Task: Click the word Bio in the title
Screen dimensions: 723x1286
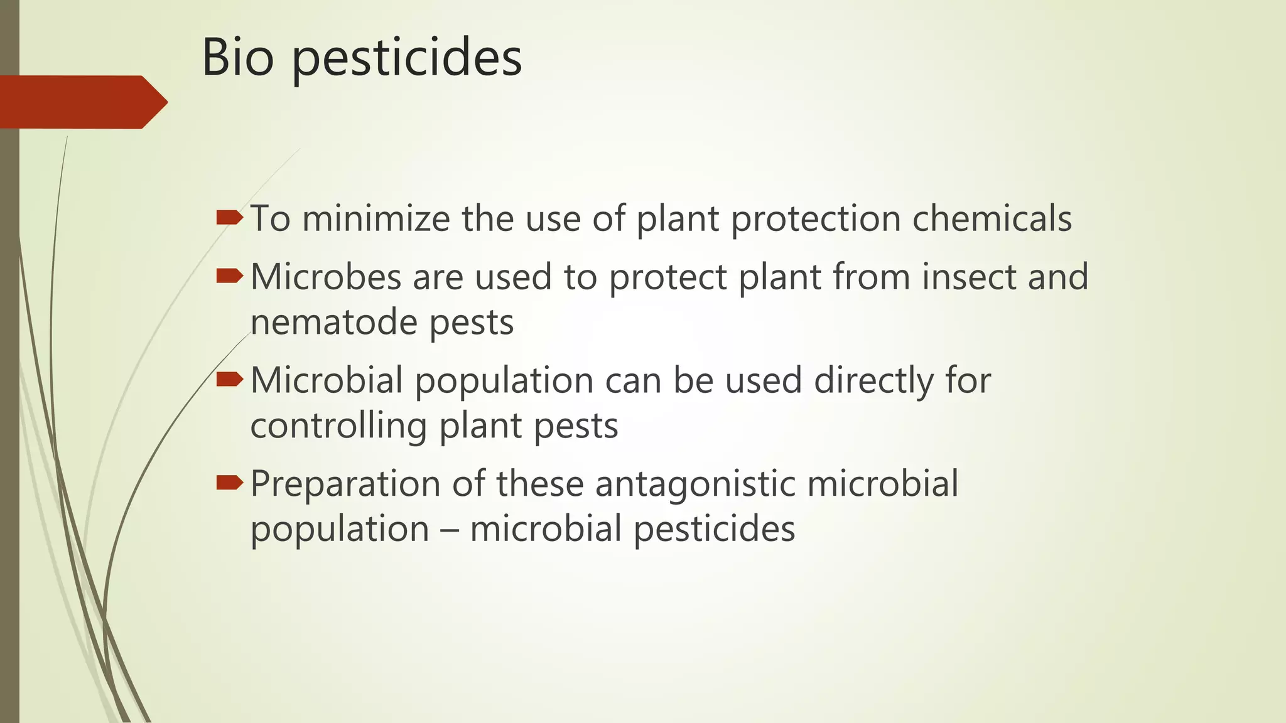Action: [x=237, y=58]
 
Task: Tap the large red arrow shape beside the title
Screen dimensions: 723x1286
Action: [x=82, y=102]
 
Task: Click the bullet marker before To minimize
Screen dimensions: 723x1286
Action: [x=229, y=218]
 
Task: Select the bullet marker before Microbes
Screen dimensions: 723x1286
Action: [x=229, y=276]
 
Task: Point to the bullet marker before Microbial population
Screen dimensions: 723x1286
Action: [x=229, y=379]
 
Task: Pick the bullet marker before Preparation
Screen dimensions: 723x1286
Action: [x=229, y=482]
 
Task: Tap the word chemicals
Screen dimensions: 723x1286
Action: [x=992, y=219]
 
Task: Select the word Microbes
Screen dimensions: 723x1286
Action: [x=325, y=277]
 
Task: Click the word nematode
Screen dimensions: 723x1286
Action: [x=333, y=323]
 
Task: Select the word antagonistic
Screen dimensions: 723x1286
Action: [x=694, y=485]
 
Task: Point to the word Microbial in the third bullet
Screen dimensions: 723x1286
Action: [x=327, y=380]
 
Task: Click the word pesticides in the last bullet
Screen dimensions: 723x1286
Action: [x=714, y=530]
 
